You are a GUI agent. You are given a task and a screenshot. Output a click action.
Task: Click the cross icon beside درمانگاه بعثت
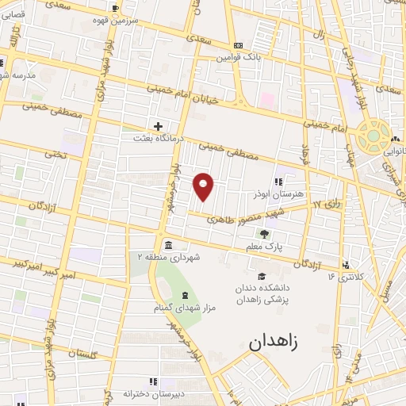(159, 126)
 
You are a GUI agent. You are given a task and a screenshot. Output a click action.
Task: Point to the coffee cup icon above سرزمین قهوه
(117, 9)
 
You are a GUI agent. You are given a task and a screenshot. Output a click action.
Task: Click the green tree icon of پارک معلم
(265, 234)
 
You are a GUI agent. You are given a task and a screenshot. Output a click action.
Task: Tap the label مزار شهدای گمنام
(186, 307)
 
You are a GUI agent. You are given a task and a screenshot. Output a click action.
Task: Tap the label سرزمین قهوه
(117, 21)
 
